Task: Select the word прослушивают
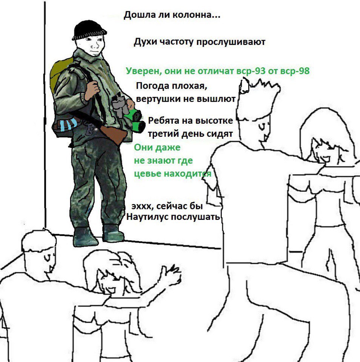(231, 42)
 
